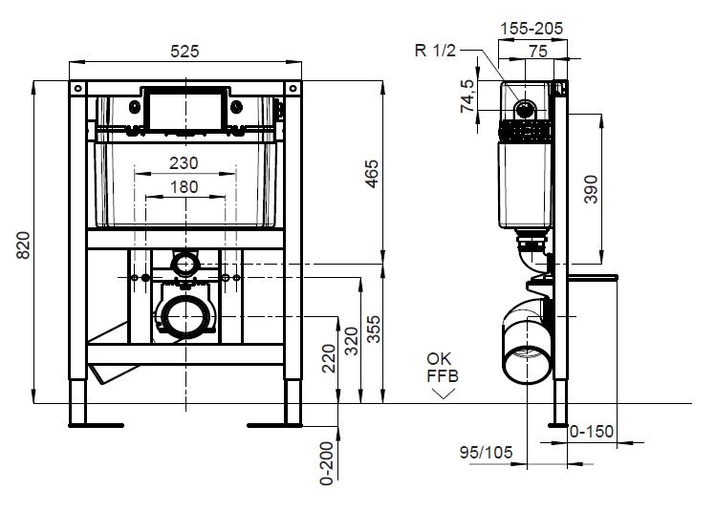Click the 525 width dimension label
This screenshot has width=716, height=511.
pos(184,52)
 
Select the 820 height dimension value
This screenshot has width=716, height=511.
pos(23,245)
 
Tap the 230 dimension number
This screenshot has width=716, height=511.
pos(184,163)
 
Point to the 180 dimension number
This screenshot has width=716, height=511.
pos(184,186)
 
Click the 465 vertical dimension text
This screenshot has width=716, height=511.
pos(372,174)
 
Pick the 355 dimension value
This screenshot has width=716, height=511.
pos(374,329)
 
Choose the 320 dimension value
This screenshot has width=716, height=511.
pos(352,341)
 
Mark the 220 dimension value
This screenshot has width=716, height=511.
pos(329,358)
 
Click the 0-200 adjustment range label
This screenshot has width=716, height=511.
pos(327,463)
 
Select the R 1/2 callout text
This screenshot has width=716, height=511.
pos(435,51)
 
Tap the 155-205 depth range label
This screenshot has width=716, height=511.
pos(532,29)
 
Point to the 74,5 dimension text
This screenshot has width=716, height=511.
pos(467,96)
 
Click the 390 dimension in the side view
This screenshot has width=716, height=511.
pos(591,189)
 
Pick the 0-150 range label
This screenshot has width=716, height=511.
pos(592,431)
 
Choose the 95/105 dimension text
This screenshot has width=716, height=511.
pos(487,452)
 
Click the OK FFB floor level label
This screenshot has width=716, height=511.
pos(442,368)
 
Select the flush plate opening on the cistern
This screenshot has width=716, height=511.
pos(185,111)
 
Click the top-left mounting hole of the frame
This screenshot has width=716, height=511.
pos(77,88)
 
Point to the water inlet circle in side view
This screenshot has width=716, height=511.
pos(525,109)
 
